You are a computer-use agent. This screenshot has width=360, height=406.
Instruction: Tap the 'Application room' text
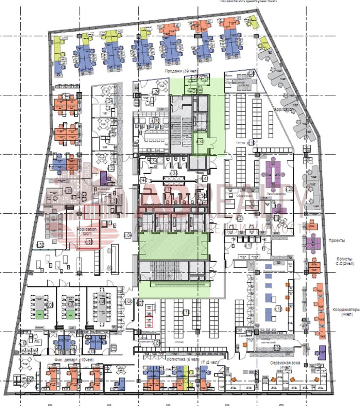(x=87, y=231)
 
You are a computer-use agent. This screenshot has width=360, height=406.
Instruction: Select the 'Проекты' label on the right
(x=337, y=240)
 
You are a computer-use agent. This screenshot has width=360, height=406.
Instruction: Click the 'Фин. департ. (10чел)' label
(x=74, y=359)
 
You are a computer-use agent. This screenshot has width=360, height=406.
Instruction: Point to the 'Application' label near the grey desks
(x=284, y=110)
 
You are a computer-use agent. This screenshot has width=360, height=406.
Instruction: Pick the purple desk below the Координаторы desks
(x=322, y=351)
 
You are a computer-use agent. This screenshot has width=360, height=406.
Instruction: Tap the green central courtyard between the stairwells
(x=173, y=245)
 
